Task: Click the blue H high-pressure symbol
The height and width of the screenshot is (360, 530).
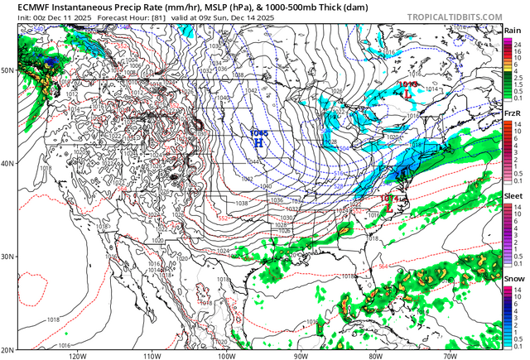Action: click(x=258, y=142)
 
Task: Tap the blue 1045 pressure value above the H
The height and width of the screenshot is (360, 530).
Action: click(x=258, y=132)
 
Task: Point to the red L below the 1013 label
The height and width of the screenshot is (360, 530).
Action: click(x=408, y=94)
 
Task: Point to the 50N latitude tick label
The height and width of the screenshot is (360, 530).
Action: click(x=7, y=70)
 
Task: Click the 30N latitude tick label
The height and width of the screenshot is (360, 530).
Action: click(x=7, y=257)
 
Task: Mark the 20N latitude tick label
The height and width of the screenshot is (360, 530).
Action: click(x=7, y=349)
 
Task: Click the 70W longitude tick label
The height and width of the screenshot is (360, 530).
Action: click(x=449, y=356)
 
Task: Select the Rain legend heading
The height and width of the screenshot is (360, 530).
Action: click(x=513, y=31)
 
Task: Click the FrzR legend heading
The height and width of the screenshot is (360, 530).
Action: click(x=513, y=113)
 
